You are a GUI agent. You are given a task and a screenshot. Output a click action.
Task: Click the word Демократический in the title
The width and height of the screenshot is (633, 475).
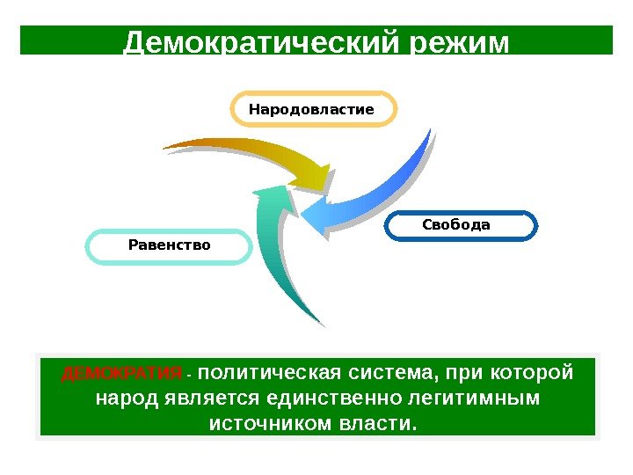pos(263,42)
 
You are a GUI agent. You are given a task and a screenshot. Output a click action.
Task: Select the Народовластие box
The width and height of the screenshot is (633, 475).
pos(312,110)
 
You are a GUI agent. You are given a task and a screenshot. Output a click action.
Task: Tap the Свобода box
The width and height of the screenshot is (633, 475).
pos(460,225)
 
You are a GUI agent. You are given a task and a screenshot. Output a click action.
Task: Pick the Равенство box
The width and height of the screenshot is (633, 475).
pos(169,245)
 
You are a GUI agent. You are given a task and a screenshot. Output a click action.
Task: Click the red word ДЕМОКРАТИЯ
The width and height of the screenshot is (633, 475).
pos(121,373)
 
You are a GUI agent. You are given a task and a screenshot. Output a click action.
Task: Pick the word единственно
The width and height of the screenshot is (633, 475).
pos(333,398)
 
